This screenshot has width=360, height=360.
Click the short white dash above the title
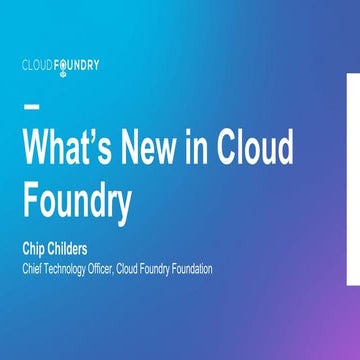click(x=31, y=106)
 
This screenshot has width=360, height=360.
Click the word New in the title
click(x=170, y=149)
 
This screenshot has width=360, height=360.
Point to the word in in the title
click(x=224, y=149)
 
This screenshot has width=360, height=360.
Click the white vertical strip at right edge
click(x=353, y=180)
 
